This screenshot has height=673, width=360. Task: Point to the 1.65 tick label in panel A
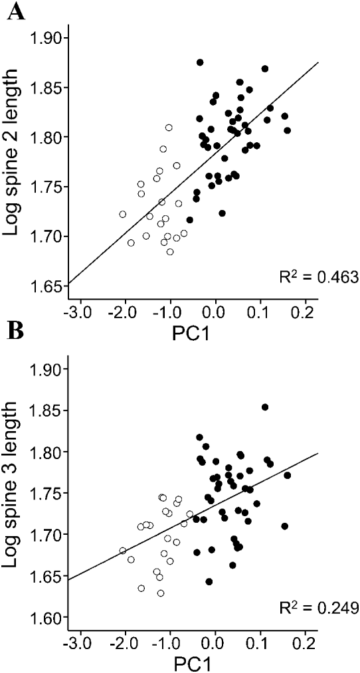[x=48, y=286]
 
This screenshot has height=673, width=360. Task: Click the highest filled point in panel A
[x=200, y=62]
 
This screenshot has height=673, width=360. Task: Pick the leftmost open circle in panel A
[x=123, y=214]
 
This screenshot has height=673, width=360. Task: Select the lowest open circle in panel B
[x=161, y=593]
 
